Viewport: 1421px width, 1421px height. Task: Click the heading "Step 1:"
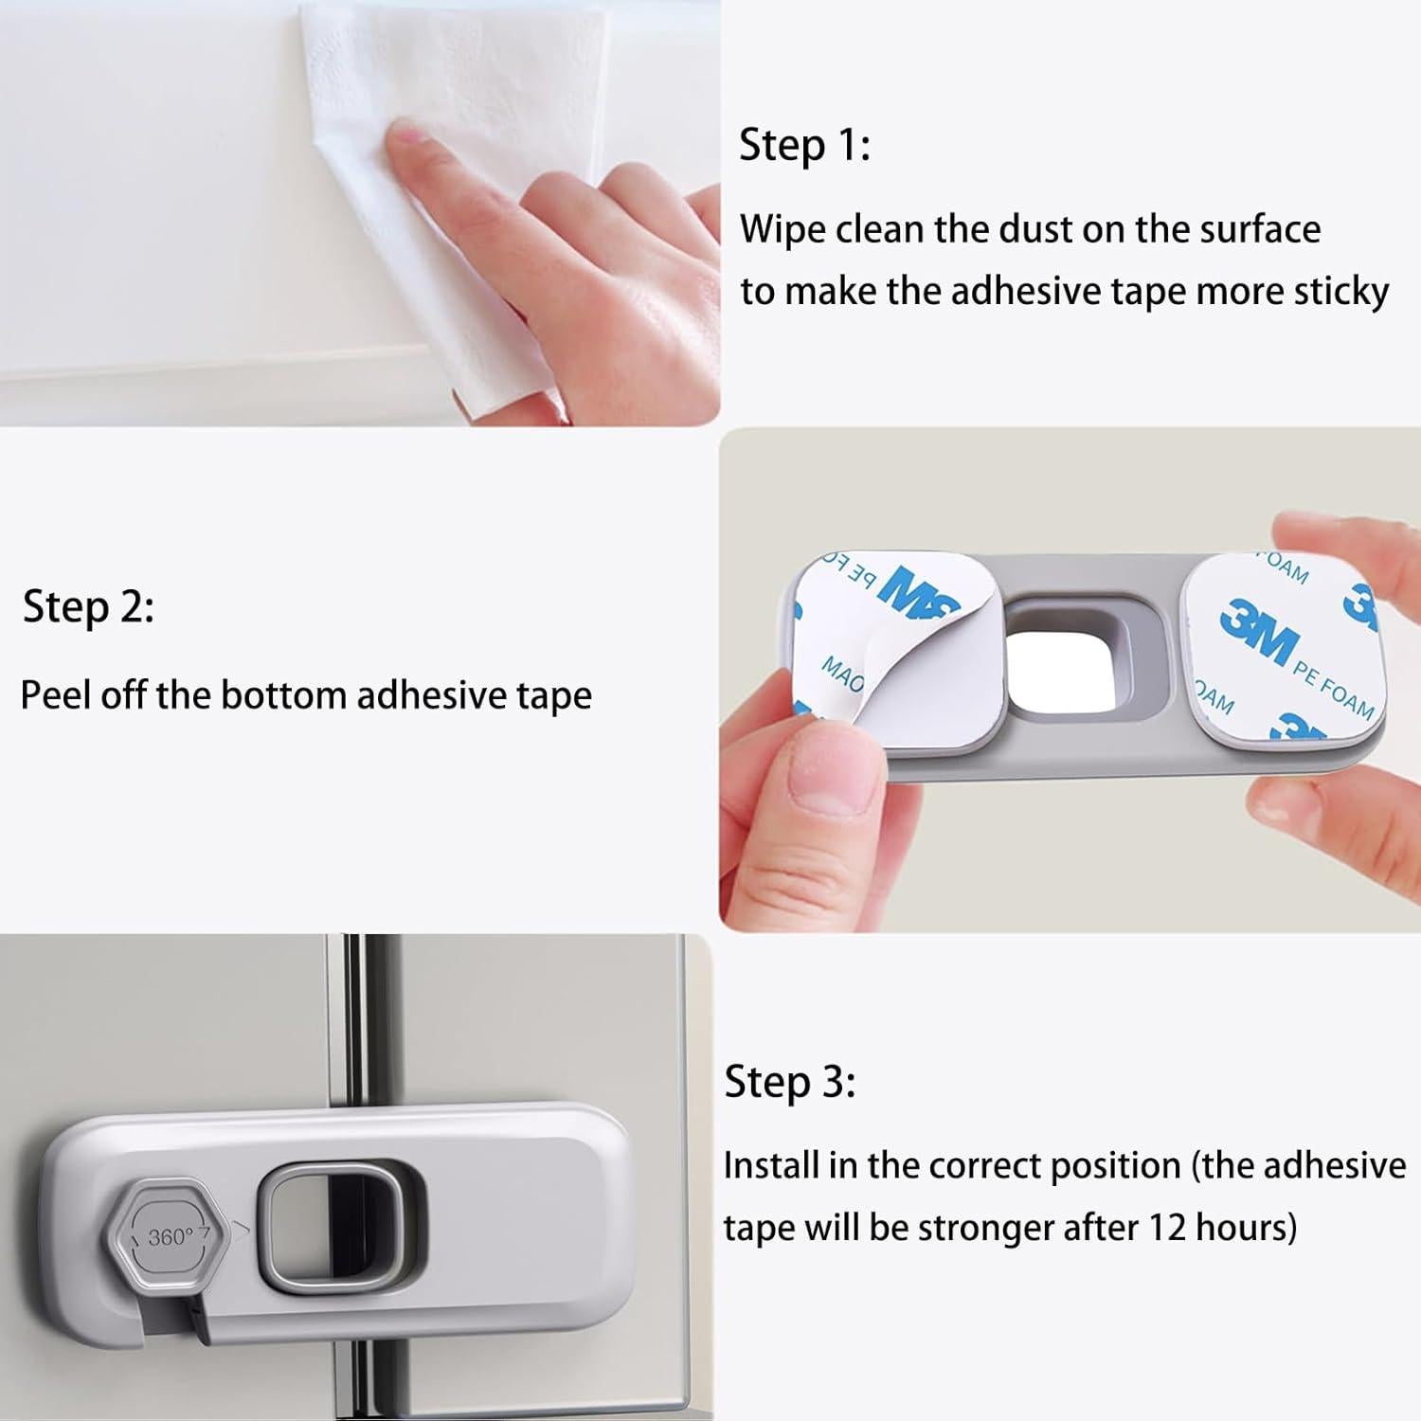(x=804, y=146)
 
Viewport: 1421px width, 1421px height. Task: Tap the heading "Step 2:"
(x=88, y=606)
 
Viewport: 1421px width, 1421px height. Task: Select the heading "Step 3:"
(x=790, y=1082)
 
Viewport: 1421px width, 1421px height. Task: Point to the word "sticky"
(x=1342, y=293)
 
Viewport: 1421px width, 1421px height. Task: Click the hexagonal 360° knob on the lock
(x=171, y=1234)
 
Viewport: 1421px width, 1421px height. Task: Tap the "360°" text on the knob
(x=171, y=1237)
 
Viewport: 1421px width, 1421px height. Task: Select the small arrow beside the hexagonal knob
(x=242, y=1229)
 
